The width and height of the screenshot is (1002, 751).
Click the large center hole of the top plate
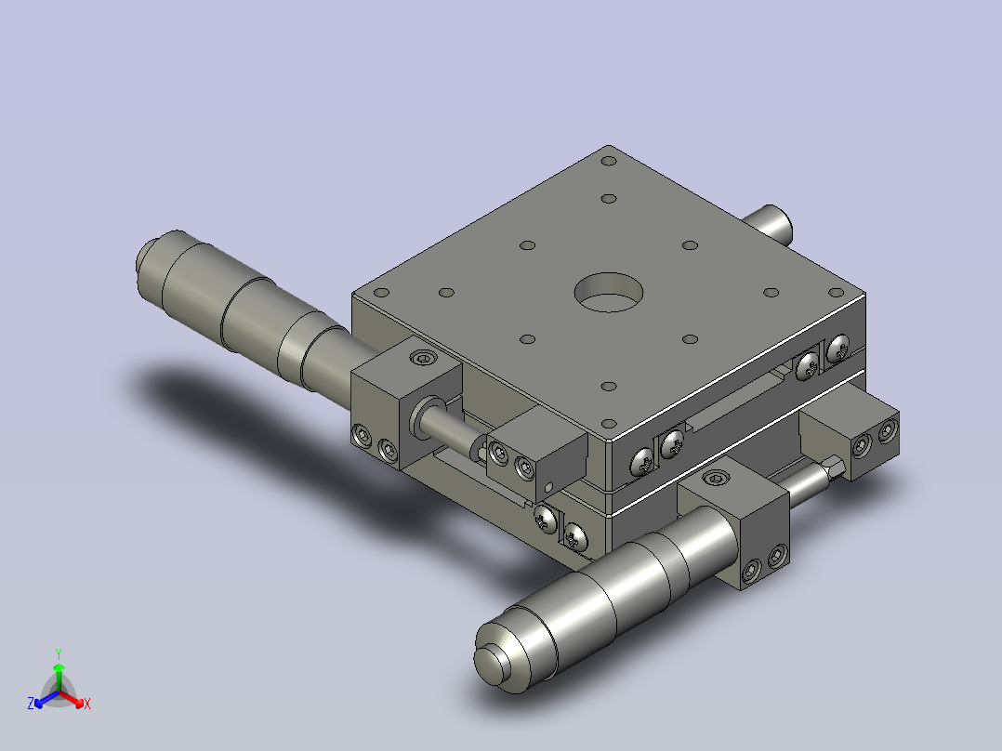pos(608,293)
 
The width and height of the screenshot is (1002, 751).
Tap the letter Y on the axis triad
pos(59,653)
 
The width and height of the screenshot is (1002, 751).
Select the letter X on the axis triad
pos(87,704)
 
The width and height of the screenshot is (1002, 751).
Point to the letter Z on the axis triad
pos(31,704)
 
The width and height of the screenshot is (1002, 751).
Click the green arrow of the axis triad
pos(59,677)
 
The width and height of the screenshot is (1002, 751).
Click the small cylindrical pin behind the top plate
pos(769,224)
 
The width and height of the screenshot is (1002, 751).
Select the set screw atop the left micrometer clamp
pos(423,357)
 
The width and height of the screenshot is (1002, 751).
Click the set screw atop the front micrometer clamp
pos(716,477)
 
